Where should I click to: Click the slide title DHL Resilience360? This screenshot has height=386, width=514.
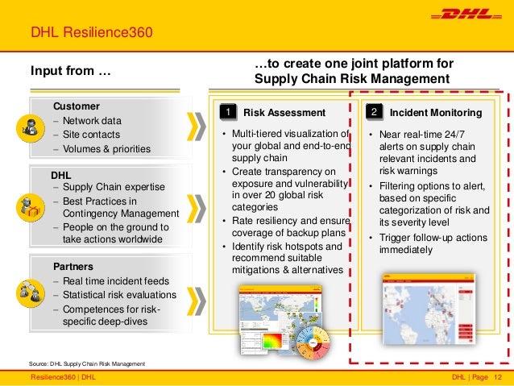pyautogui.click(x=90, y=33)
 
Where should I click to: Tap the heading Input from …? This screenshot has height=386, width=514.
pyautogui.click(x=71, y=73)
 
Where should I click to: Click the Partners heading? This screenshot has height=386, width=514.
pyautogui.click(x=74, y=265)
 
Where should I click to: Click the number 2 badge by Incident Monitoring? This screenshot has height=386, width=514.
pyautogui.click(x=375, y=111)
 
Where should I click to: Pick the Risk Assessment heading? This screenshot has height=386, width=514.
pyautogui.click(x=284, y=112)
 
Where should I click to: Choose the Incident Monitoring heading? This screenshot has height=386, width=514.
pyautogui.click(x=435, y=112)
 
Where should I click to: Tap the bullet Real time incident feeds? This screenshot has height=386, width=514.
pyautogui.click(x=116, y=280)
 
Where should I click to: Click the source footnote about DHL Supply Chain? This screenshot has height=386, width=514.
pyautogui.click(x=86, y=364)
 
